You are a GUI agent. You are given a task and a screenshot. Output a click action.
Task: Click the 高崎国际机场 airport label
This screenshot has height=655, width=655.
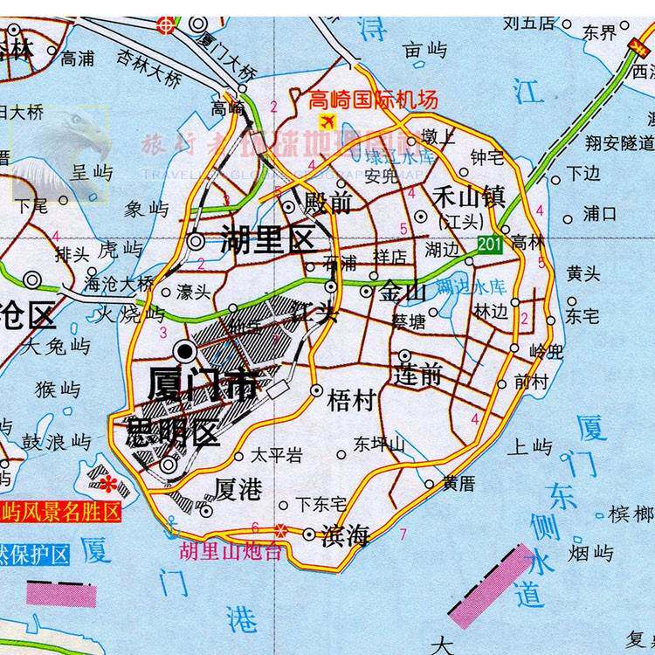point(373,100)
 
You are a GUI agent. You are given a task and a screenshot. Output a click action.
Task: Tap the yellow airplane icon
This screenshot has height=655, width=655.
point(328,121)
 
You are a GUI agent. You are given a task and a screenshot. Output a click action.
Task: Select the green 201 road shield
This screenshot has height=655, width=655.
point(490,245)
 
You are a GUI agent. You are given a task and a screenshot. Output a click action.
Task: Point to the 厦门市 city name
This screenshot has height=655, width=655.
point(203,383)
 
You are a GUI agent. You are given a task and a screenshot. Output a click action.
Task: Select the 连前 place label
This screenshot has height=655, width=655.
point(418,376)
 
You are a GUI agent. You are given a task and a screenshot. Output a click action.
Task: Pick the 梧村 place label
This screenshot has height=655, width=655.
point(350,401)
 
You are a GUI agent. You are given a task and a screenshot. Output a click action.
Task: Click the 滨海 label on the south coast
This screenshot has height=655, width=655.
point(346,536)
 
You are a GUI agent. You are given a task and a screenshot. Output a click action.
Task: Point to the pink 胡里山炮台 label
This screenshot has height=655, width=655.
point(231,552)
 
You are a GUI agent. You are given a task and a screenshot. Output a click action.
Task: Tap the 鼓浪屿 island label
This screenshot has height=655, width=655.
point(56,442)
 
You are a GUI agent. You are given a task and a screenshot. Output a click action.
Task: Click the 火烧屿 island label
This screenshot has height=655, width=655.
point(130,312)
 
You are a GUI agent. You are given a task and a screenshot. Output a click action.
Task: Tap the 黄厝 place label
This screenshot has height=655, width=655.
point(458,482)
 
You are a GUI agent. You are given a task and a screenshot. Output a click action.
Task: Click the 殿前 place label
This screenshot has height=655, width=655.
point(327,204)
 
